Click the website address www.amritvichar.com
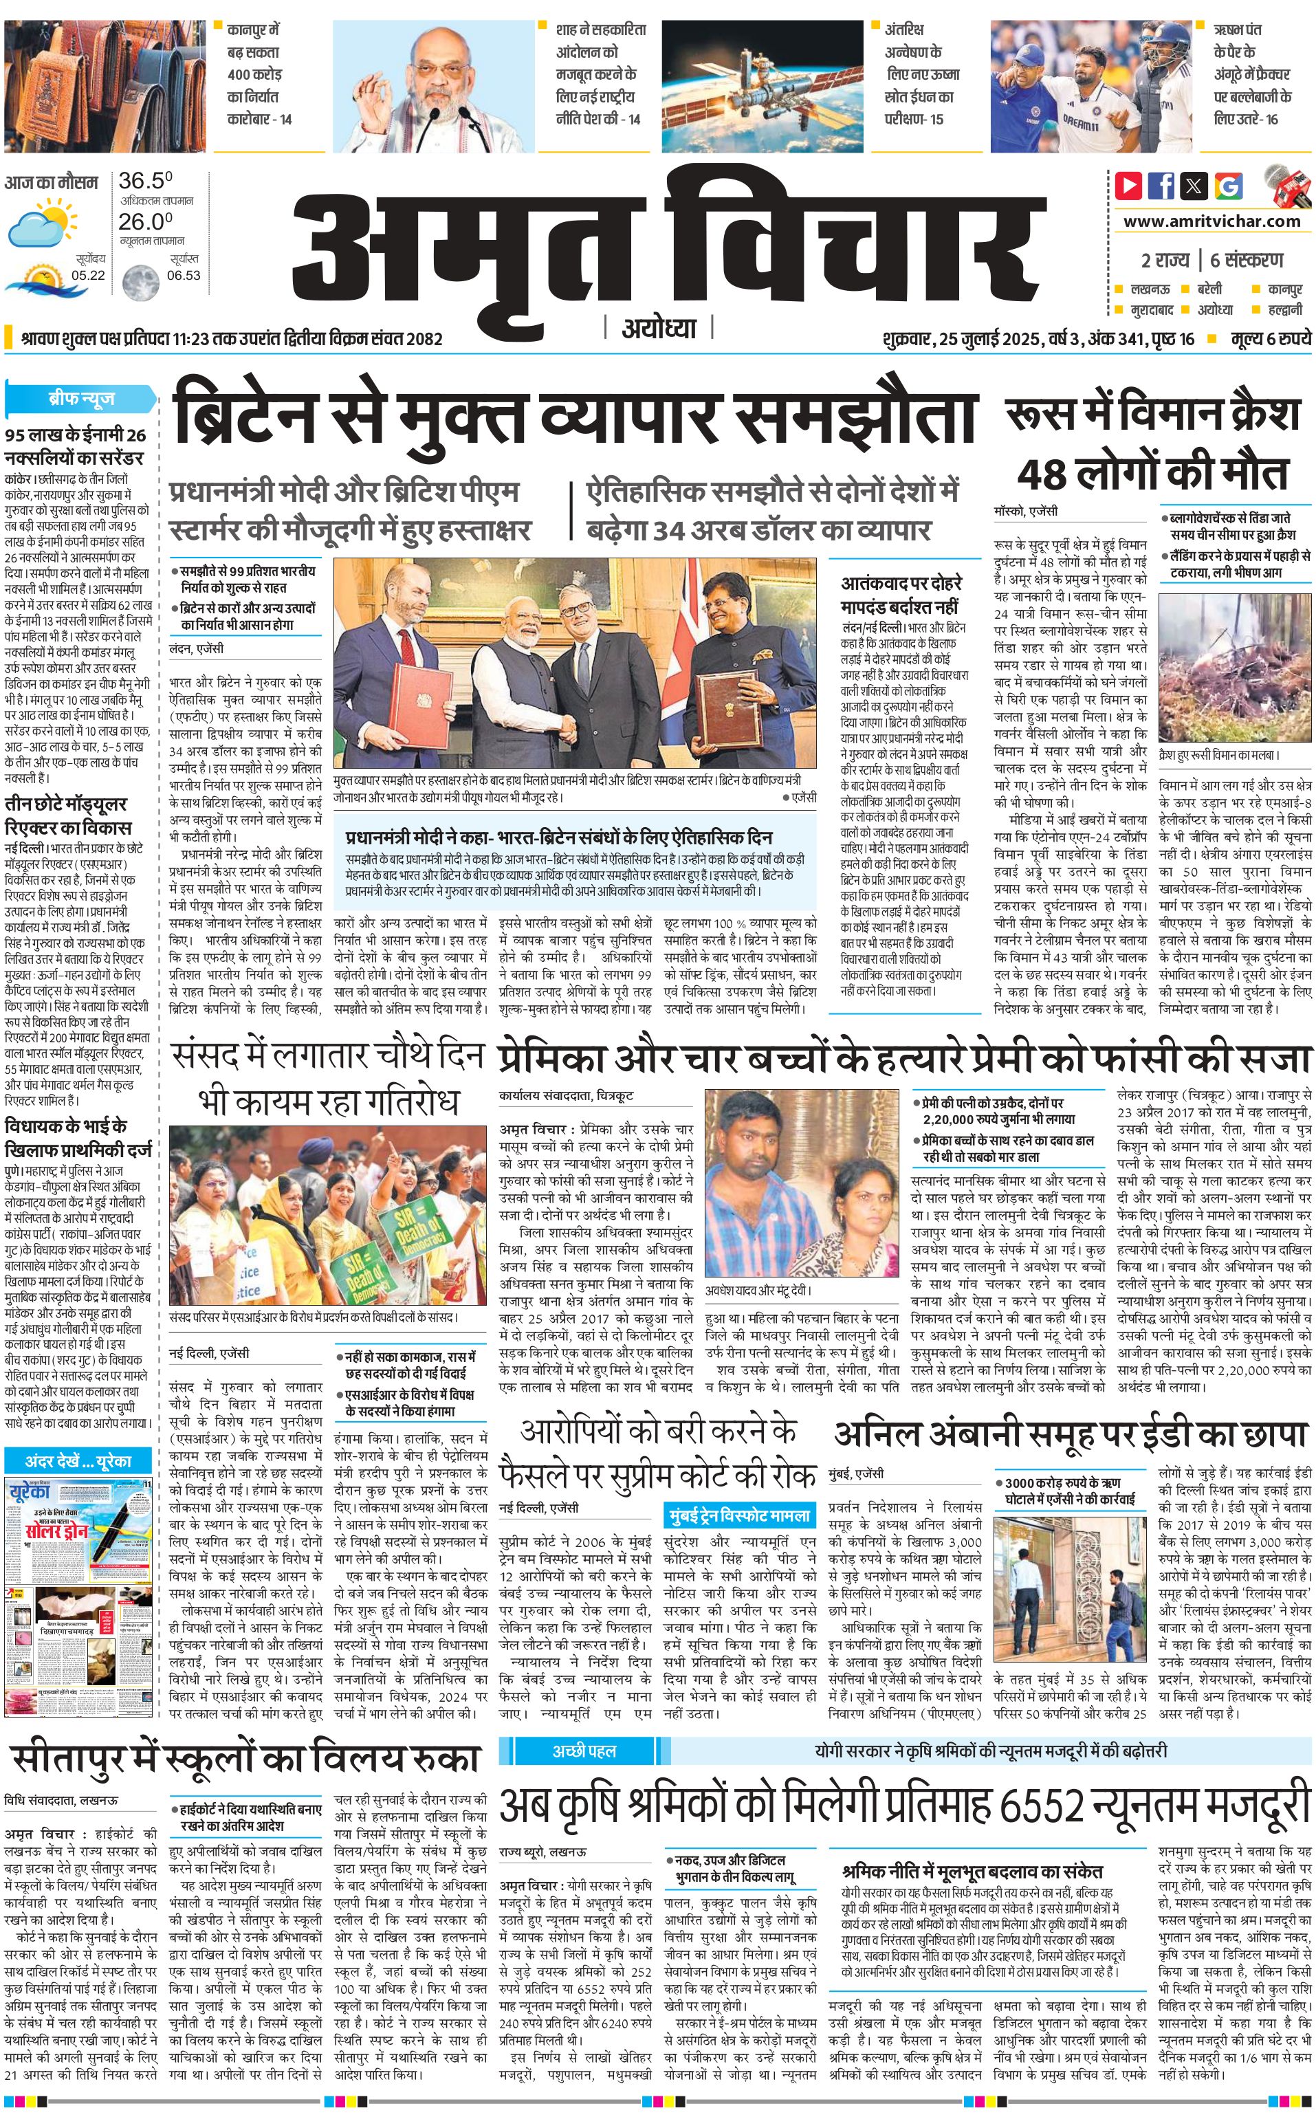coord(1211,221)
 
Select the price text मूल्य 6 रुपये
coord(1271,338)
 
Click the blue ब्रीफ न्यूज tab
coord(82,399)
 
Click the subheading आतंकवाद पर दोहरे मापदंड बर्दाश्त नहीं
coord(901,595)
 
